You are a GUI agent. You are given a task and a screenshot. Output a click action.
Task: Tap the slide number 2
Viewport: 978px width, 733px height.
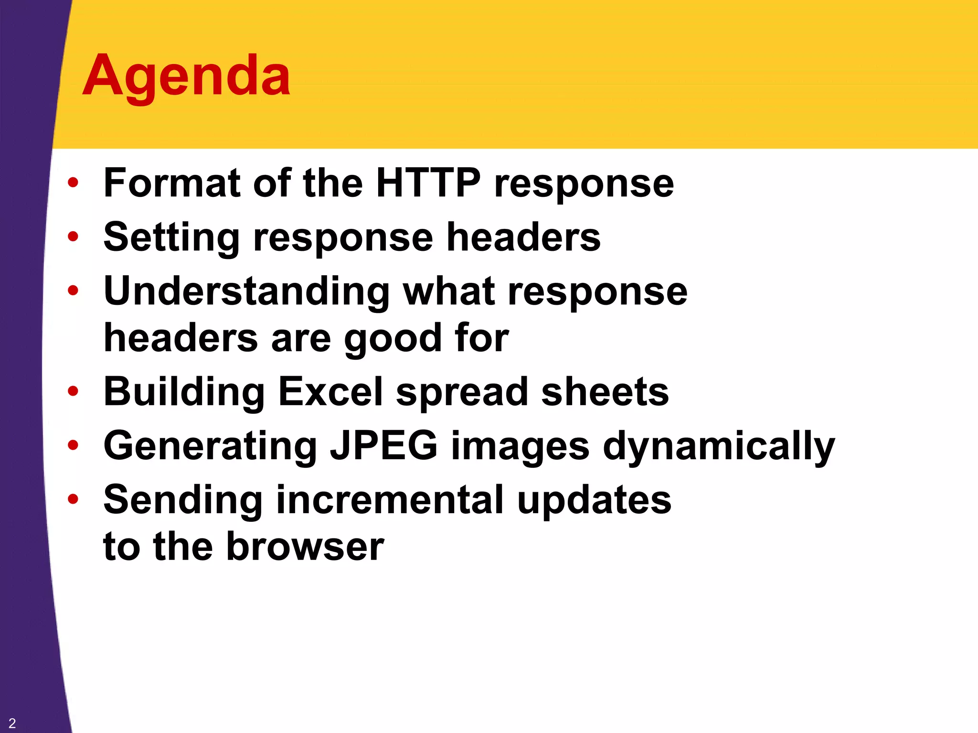(x=12, y=723)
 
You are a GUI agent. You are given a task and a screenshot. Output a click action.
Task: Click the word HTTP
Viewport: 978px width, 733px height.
(x=428, y=183)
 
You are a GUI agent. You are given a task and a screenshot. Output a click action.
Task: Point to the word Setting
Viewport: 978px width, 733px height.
(x=171, y=238)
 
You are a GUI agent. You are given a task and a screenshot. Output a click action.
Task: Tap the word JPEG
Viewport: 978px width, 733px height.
(x=383, y=446)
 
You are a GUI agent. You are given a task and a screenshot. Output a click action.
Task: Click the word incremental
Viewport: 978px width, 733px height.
(x=390, y=500)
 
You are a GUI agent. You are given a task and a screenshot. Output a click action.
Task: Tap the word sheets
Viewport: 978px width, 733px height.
(x=605, y=392)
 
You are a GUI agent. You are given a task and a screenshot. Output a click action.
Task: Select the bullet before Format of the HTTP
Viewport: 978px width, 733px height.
(x=73, y=183)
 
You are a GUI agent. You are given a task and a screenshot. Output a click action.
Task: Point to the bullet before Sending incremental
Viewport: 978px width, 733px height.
(x=73, y=499)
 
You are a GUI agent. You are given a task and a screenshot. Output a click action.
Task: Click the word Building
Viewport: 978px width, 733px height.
(x=184, y=392)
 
